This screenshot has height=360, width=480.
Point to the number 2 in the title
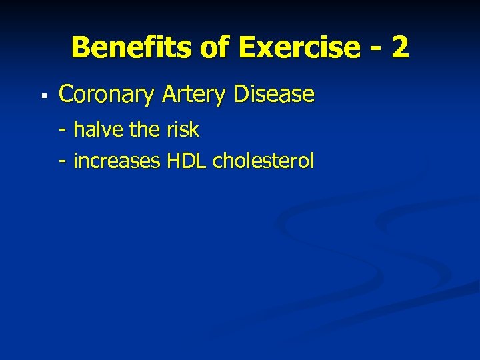point(399,48)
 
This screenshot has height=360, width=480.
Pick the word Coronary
point(106,95)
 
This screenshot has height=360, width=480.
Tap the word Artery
point(193,95)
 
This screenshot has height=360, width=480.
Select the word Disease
point(274,95)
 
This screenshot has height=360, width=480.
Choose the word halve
point(99,129)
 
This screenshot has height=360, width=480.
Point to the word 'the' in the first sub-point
point(145,129)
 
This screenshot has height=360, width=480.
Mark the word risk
point(183,129)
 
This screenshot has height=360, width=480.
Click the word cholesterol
point(263,161)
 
